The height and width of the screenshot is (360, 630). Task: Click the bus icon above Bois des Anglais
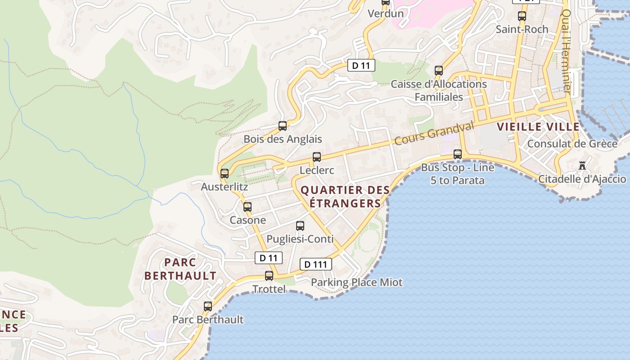pos(283,126)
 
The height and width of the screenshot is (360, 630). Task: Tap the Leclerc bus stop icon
pos(317,157)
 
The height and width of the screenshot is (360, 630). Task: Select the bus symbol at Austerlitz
pos(225,173)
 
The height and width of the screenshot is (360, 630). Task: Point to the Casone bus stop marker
pos(247,207)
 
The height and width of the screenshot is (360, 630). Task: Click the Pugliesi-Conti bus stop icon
pos(300,226)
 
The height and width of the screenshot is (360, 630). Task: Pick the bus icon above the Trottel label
pos(269,275)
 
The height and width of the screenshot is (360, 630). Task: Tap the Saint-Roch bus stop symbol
pos(522,16)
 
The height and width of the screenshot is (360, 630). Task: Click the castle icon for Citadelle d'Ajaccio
pos(582,166)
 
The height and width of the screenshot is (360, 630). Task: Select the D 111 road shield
pos(315,264)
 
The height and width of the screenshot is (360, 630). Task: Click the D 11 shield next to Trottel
pos(269,258)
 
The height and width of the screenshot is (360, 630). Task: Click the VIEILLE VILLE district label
pos(538,127)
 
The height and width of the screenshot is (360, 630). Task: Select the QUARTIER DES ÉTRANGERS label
pos(345,197)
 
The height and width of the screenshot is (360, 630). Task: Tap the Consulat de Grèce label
pos(572,144)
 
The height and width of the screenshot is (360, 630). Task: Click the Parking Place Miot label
pos(357,283)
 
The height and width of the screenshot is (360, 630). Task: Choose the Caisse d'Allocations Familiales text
pos(439,90)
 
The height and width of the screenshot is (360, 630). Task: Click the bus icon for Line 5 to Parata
pos(458,154)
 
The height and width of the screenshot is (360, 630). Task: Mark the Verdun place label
pos(386,13)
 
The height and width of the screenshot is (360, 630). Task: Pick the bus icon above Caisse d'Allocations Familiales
pos(439,71)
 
